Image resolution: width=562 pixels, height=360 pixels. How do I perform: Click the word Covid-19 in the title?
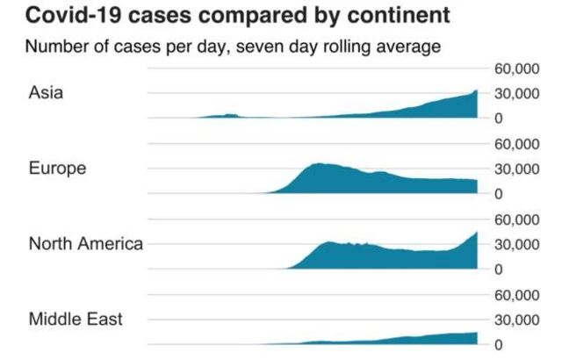73,16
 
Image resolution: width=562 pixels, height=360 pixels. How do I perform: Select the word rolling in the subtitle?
345,47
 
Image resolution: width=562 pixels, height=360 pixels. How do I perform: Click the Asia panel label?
46,92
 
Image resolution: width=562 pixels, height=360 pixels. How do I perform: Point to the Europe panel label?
57,169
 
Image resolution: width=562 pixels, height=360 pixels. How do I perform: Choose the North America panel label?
86,243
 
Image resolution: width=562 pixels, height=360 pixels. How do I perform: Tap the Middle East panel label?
76,319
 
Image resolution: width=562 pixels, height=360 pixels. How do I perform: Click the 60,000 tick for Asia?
516,68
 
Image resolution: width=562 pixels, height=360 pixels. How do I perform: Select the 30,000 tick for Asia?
516,94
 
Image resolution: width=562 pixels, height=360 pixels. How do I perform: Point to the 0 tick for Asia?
499,119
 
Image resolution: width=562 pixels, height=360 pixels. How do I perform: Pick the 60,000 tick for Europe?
516,144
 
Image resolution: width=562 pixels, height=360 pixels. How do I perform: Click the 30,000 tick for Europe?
516,169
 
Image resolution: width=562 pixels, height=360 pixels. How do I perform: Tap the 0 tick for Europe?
499,194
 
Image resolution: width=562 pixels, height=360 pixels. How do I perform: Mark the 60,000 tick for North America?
516,220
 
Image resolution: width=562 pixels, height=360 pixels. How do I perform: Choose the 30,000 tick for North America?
516,245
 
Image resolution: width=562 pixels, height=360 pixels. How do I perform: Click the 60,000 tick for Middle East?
516,296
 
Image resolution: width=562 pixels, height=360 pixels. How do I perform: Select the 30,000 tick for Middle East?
516,320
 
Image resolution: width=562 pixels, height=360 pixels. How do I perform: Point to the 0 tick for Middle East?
499,345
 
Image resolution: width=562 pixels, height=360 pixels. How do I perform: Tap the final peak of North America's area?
477,232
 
